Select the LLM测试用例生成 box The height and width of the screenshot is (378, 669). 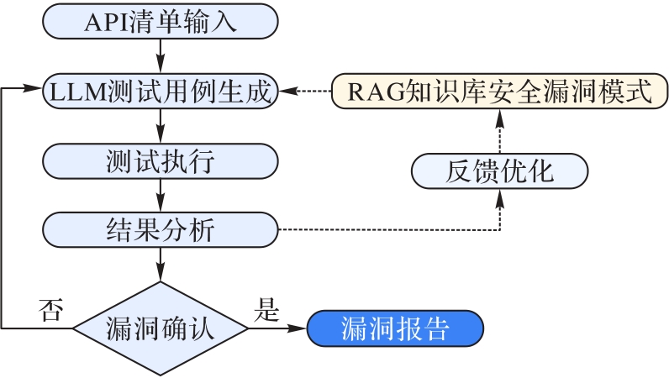pos(160,92)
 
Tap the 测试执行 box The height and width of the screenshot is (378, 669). pos(160,160)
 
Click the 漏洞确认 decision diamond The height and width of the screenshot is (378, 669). pos(160,328)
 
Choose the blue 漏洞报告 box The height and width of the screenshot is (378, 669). pos(395,328)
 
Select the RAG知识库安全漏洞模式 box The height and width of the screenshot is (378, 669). pos(496,92)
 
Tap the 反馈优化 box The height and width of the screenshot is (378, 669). pos(499,172)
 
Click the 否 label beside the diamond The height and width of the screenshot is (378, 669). pos(49,311)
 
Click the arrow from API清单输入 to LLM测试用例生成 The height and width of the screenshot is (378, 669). pos(160,56)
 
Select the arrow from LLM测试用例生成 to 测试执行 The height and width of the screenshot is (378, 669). pos(160,125)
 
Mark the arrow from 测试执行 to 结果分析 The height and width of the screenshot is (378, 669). pos(160,194)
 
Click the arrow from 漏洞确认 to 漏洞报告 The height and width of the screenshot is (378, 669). pos(277,328)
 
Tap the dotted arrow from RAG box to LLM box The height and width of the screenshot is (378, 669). pos(305,92)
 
